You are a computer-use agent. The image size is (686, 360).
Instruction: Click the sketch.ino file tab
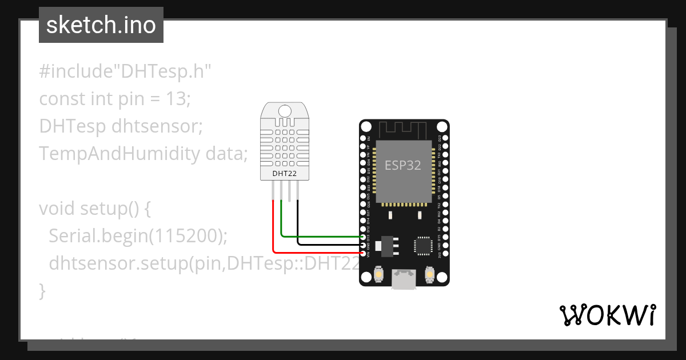click(101, 26)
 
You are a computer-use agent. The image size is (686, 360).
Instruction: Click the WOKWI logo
click(607, 315)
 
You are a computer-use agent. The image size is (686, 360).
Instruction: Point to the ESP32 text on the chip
click(402, 165)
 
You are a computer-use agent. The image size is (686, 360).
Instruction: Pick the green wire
click(320, 235)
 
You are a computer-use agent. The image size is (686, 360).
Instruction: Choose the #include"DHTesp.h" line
click(125, 71)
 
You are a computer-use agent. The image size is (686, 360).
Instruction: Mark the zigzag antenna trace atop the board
click(404, 129)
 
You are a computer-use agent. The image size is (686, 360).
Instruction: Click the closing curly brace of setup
click(42, 291)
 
